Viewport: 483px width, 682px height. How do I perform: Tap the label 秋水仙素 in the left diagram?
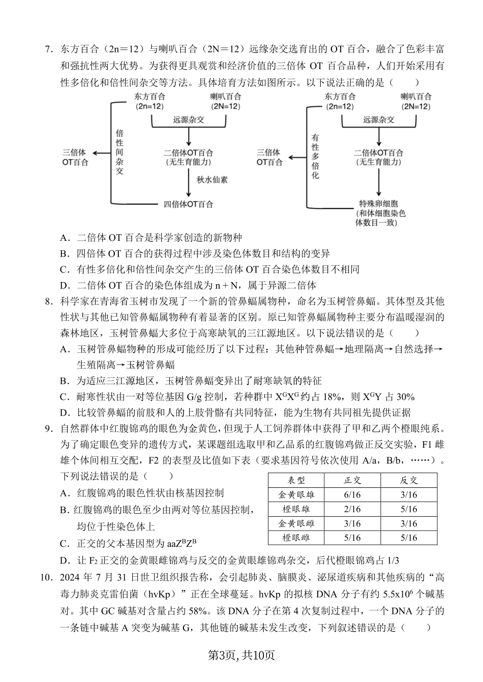click(212, 179)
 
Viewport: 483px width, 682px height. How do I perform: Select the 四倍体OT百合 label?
click(188, 204)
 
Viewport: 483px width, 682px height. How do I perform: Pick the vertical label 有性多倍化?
click(315, 157)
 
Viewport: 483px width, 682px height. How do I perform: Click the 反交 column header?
click(408, 480)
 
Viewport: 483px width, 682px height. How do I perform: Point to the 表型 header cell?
click(296, 480)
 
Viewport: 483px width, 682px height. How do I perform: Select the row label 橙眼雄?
click(296, 509)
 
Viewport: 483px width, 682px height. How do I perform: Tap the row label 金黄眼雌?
click(296, 523)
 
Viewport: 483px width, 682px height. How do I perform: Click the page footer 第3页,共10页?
click(242, 655)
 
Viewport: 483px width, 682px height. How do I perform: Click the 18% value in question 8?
click(327, 397)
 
